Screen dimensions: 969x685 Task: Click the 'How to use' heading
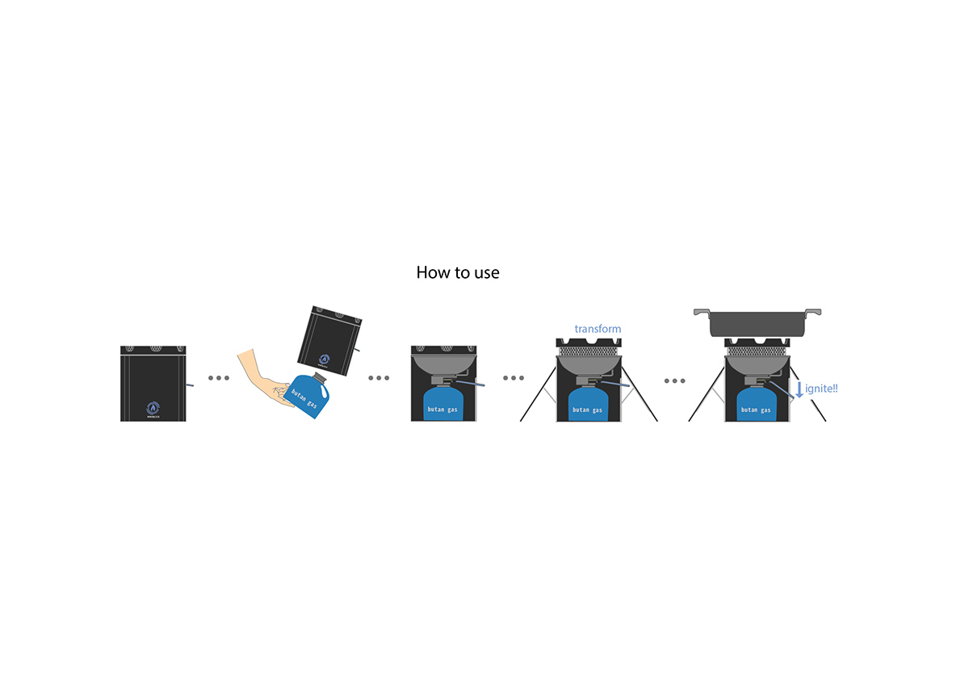coord(458,273)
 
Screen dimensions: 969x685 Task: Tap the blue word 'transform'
coord(598,329)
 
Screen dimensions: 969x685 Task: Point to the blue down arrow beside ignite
coord(799,389)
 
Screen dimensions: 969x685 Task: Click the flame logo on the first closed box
coord(153,408)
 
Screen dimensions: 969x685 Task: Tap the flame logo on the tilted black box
coord(324,360)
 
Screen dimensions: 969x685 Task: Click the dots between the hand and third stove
coord(379,378)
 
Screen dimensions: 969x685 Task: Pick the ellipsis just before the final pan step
coord(674,380)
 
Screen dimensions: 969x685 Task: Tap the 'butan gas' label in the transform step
coord(588,410)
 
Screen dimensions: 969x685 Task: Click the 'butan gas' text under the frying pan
coord(756,410)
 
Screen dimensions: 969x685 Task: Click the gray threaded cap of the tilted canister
coord(321,376)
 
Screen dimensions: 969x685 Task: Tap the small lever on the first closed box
coord(190,385)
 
